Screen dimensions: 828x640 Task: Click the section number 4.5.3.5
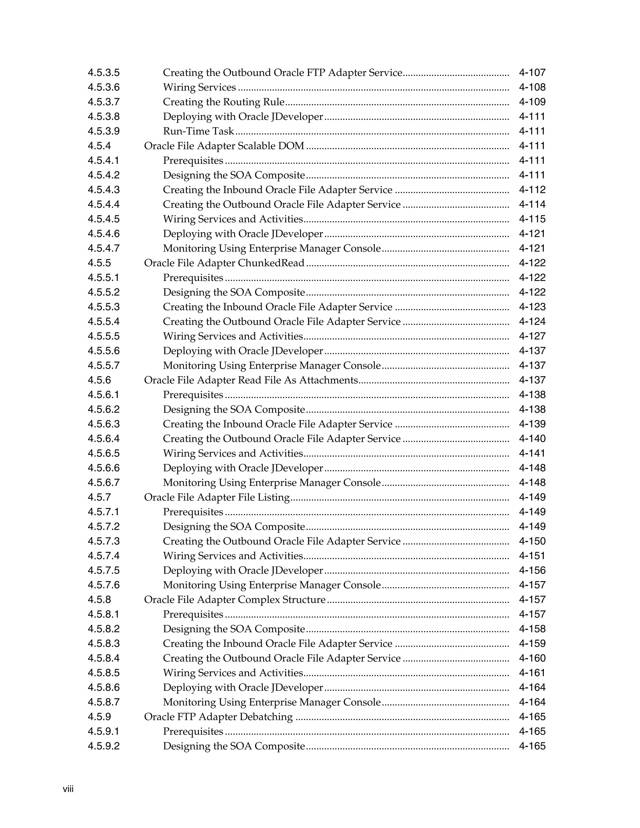tap(103, 72)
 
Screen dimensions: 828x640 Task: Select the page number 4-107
tap(532, 72)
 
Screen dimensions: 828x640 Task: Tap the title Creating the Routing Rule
tap(224, 102)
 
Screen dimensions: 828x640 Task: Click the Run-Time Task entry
tap(198, 131)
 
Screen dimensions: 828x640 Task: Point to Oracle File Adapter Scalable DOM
tap(224, 146)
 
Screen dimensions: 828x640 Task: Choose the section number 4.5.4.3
tap(103, 190)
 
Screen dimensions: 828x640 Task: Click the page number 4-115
tap(532, 219)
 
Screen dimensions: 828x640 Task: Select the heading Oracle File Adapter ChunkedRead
tap(224, 263)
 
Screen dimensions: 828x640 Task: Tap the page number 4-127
tap(532, 336)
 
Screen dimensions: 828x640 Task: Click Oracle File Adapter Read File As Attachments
tap(251, 380)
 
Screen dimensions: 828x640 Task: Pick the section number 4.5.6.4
tap(103, 439)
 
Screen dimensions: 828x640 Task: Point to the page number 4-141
tap(532, 453)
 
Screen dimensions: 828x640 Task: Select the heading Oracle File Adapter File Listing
tap(217, 497)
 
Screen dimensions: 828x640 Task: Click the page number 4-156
tap(532, 571)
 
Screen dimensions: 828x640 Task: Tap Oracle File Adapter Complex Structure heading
tap(235, 600)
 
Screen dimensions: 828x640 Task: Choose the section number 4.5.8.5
tap(103, 673)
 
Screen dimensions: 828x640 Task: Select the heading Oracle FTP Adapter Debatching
tap(218, 717)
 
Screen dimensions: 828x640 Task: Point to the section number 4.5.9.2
tap(103, 746)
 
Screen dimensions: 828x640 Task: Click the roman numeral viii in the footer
tap(68, 789)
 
